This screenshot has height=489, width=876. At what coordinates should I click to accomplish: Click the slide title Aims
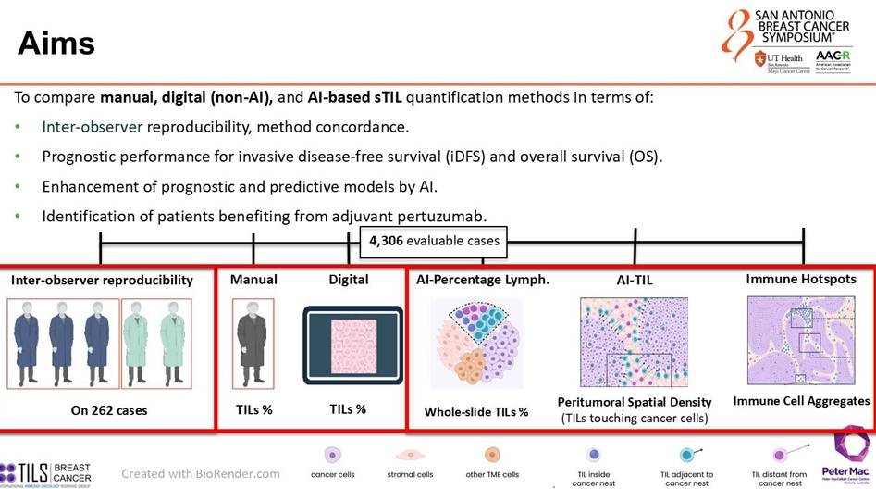click(x=56, y=42)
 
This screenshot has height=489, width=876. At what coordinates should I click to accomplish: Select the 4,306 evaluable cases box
click(x=434, y=241)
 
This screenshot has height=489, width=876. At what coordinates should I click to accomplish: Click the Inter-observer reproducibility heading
click(x=102, y=280)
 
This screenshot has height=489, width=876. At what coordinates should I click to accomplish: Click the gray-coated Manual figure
click(x=253, y=343)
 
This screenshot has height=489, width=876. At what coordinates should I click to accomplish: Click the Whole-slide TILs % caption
click(x=476, y=412)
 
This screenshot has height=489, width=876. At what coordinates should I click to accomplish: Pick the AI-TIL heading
click(x=635, y=280)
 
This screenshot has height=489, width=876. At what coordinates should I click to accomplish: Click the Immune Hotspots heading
click(x=801, y=278)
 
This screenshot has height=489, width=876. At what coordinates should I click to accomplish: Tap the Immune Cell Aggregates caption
click(x=801, y=401)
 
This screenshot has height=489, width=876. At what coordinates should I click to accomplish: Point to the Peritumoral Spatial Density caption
click(x=635, y=402)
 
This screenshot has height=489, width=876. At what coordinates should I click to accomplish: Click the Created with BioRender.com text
click(x=201, y=472)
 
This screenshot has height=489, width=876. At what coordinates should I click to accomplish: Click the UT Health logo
click(x=780, y=60)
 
